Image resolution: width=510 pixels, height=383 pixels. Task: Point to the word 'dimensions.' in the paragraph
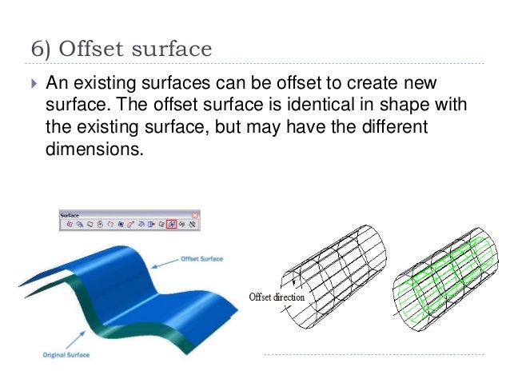click(x=94, y=149)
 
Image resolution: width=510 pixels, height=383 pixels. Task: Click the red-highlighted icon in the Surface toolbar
click(x=172, y=225)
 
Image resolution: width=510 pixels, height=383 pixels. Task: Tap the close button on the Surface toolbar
click(x=195, y=214)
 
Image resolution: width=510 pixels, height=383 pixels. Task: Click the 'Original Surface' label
click(x=58, y=353)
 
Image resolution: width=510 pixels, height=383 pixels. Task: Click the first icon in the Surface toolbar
click(x=69, y=225)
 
